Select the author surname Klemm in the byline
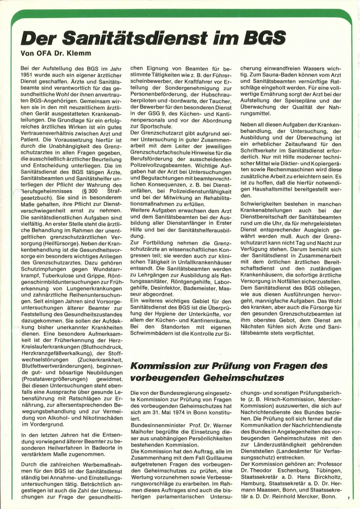[x=83, y=53]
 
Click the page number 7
[x=348, y=498]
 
